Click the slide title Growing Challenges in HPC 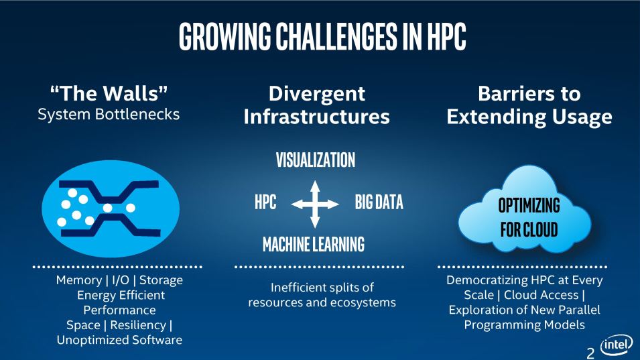pyautogui.click(x=322, y=36)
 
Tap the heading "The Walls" pyautogui.click(x=109, y=93)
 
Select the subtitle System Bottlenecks pyautogui.click(x=109, y=114)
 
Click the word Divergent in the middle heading pyautogui.click(x=317, y=95)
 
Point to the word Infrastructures pyautogui.click(x=317, y=117)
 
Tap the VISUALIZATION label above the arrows pyautogui.click(x=316, y=160)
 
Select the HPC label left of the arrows pyautogui.click(x=265, y=202)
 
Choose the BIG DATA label pyautogui.click(x=379, y=202)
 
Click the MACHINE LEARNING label pyautogui.click(x=314, y=245)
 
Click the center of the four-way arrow pyautogui.click(x=315, y=204)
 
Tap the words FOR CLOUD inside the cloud pyautogui.click(x=529, y=229)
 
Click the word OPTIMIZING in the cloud pyautogui.click(x=529, y=205)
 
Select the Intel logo pyautogui.click(x=617, y=345)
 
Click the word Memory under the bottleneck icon pyautogui.click(x=79, y=280)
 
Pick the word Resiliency pyautogui.click(x=138, y=325)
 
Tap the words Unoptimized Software pyautogui.click(x=119, y=340)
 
